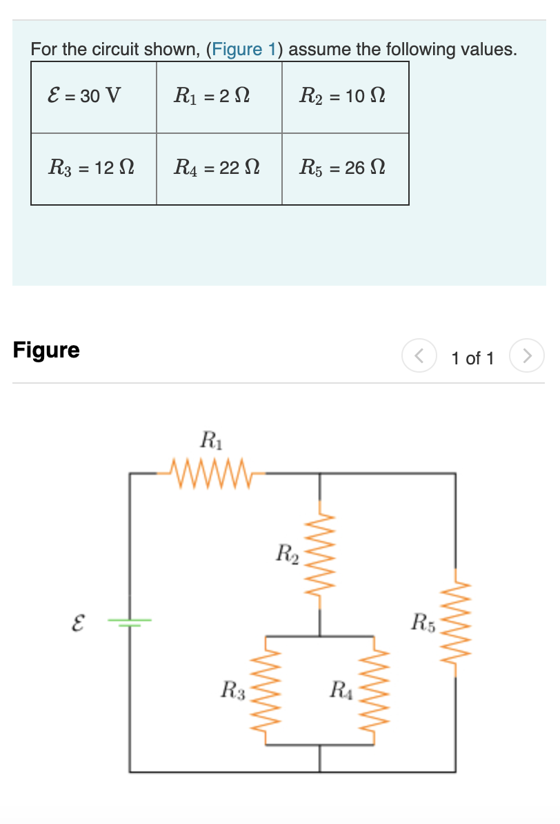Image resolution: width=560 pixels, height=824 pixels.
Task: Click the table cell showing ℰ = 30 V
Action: [x=83, y=95]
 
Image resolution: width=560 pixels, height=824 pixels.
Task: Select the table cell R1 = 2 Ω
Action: [x=212, y=95]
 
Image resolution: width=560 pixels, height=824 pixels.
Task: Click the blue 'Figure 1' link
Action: [x=244, y=50]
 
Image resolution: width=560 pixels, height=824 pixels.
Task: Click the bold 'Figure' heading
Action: [x=46, y=350]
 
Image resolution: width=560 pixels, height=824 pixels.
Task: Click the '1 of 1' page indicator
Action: [x=472, y=358]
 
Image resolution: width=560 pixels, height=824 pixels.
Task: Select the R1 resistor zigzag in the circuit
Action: [x=207, y=473]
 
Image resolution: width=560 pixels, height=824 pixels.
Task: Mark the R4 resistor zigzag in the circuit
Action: [x=373, y=690]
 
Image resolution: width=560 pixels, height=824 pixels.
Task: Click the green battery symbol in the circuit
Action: [x=130, y=622]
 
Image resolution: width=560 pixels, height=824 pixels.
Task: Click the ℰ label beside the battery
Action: [x=79, y=623]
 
